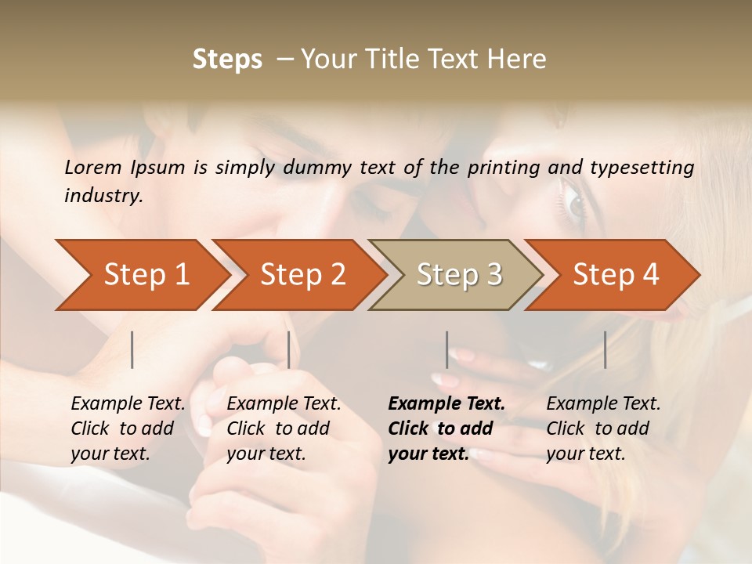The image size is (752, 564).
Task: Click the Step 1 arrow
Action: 141,275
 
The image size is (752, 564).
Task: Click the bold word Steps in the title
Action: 227,60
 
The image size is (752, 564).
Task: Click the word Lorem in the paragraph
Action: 93,168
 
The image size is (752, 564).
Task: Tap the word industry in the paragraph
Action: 103,196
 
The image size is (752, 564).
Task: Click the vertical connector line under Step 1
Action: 132,349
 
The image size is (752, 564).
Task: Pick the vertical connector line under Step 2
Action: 289,349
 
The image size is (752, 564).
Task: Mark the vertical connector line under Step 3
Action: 446,349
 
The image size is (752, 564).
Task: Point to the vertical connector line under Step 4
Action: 605,349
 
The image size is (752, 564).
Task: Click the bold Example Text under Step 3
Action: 446,404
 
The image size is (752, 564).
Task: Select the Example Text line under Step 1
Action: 128,404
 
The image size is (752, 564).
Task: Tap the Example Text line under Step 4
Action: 603,404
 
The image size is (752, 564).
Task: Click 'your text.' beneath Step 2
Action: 266,454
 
